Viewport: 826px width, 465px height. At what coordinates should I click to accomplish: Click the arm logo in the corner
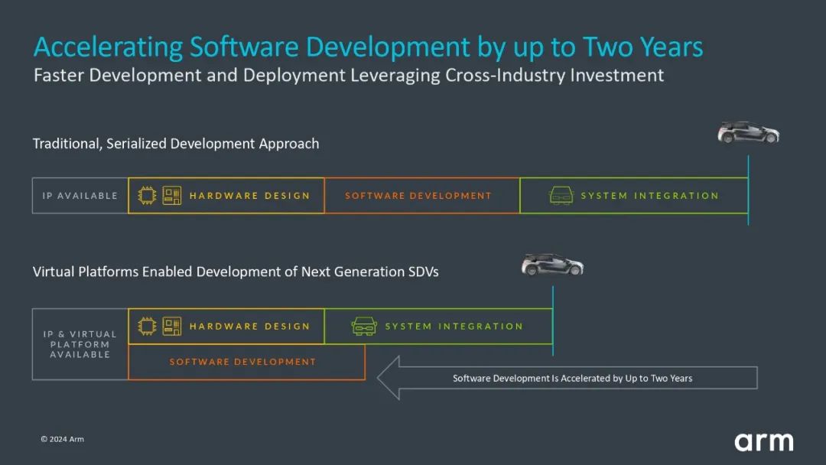tap(764, 442)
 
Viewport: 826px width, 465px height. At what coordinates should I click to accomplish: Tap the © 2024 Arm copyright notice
tap(62, 439)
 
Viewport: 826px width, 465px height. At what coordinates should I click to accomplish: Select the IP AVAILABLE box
tap(80, 195)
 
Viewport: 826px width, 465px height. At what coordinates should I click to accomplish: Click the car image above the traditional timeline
tap(748, 132)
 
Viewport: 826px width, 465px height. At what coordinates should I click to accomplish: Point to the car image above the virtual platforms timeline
tap(552, 265)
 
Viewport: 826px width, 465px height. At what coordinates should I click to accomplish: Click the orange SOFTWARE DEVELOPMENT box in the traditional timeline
tap(421, 195)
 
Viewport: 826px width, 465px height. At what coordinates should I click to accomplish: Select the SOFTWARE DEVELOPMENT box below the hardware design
tap(246, 362)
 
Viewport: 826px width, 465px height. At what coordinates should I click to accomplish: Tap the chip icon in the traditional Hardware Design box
tap(147, 195)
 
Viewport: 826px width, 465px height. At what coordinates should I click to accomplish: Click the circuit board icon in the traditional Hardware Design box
tap(172, 195)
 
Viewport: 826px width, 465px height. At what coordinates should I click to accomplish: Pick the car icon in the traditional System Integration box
tap(561, 195)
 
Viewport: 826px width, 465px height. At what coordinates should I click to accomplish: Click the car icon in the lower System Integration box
tap(364, 327)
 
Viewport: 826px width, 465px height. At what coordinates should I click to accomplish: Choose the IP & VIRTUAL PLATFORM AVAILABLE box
tap(80, 344)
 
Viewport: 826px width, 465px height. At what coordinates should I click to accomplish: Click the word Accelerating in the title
tap(108, 47)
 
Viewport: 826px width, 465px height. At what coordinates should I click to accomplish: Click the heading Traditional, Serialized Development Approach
tap(176, 144)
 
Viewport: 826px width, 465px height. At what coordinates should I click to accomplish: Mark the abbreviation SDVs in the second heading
tap(423, 272)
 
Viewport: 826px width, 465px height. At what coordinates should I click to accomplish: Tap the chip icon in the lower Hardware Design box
tap(147, 327)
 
